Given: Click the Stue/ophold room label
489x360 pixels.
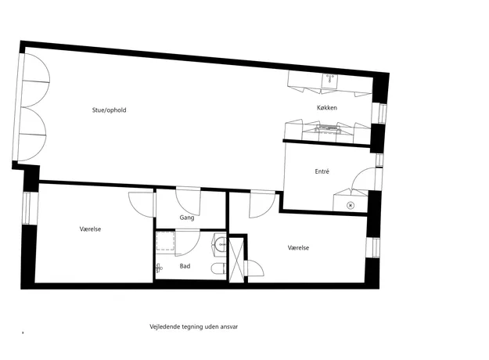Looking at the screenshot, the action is pyautogui.click(x=110, y=110).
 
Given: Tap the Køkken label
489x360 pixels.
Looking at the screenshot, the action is pyautogui.click(x=327, y=108).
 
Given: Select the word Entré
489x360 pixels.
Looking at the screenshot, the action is pyautogui.click(x=322, y=171).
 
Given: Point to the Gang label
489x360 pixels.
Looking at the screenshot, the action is pyautogui.click(x=187, y=218).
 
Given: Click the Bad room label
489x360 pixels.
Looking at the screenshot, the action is pyautogui.click(x=185, y=266).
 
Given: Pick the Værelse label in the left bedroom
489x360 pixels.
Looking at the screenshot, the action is pyautogui.click(x=90, y=229).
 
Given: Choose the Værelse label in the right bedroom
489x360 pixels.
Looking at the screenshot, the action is pyautogui.click(x=298, y=247).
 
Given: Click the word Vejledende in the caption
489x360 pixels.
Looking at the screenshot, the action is pyautogui.click(x=164, y=327).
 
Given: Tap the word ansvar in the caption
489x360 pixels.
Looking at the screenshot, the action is pyautogui.click(x=229, y=327).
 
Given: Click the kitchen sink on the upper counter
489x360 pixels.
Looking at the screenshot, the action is pyautogui.click(x=330, y=80).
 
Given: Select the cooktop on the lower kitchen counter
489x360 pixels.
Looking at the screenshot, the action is pyautogui.click(x=328, y=128).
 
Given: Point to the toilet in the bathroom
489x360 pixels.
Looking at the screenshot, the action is pyautogui.click(x=218, y=268).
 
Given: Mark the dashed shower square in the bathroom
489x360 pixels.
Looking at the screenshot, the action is pyautogui.click(x=165, y=240).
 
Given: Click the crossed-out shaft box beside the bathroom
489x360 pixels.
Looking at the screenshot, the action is pyautogui.click(x=236, y=260).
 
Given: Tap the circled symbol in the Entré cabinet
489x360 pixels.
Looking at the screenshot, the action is pyautogui.click(x=351, y=205).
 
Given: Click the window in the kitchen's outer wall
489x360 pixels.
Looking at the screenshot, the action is pyautogui.click(x=379, y=113).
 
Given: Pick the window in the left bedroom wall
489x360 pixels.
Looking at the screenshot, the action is pyautogui.click(x=31, y=207).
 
